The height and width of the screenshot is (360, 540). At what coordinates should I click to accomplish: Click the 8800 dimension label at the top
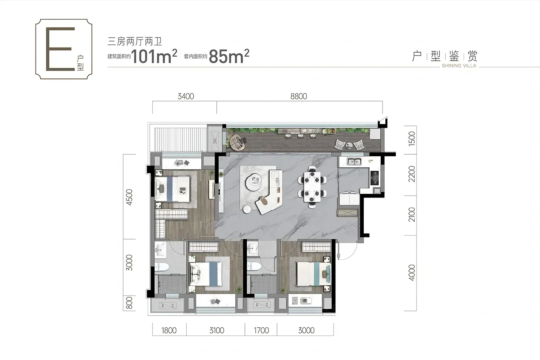(299, 96)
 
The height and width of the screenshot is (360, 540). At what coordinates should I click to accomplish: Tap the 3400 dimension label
(186, 96)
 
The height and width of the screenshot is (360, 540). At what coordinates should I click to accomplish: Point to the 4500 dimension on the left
(130, 197)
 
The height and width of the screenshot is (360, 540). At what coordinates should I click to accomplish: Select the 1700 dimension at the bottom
(262, 330)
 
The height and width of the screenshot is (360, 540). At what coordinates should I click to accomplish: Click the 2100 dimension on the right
(412, 215)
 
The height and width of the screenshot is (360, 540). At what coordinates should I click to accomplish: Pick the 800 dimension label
(130, 303)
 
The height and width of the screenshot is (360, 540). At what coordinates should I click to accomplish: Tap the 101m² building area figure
(154, 56)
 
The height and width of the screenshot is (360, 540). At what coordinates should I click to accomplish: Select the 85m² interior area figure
(229, 56)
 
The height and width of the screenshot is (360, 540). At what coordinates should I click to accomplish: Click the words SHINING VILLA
(459, 66)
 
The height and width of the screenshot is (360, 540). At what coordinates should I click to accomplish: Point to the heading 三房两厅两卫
(135, 42)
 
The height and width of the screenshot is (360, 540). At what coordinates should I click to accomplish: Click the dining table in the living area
(312, 187)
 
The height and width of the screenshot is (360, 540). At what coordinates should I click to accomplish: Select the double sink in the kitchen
(354, 161)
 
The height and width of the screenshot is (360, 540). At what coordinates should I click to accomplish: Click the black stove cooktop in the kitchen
(375, 178)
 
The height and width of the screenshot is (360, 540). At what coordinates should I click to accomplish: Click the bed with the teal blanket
(313, 274)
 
